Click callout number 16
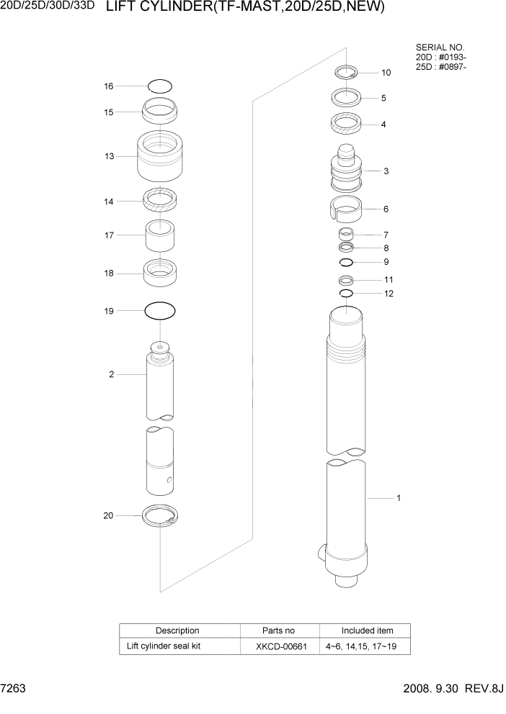[109, 86]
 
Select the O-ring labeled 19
[160, 311]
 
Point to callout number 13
[109, 156]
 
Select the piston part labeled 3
[345, 171]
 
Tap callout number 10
[386, 73]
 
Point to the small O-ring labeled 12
[345, 294]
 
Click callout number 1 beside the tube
[399, 497]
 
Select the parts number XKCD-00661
[281, 646]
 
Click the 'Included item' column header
[367, 631]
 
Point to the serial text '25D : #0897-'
[440, 67]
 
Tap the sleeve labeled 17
[161, 235]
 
